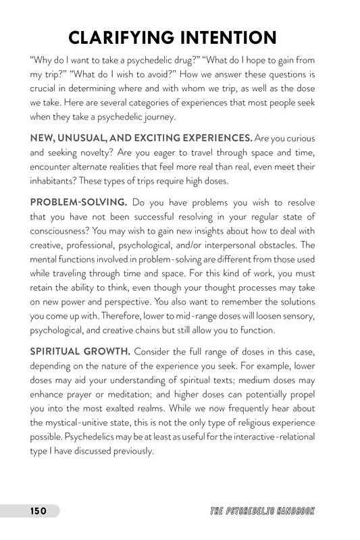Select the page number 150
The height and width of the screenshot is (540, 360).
pyautogui.click(x=37, y=511)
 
